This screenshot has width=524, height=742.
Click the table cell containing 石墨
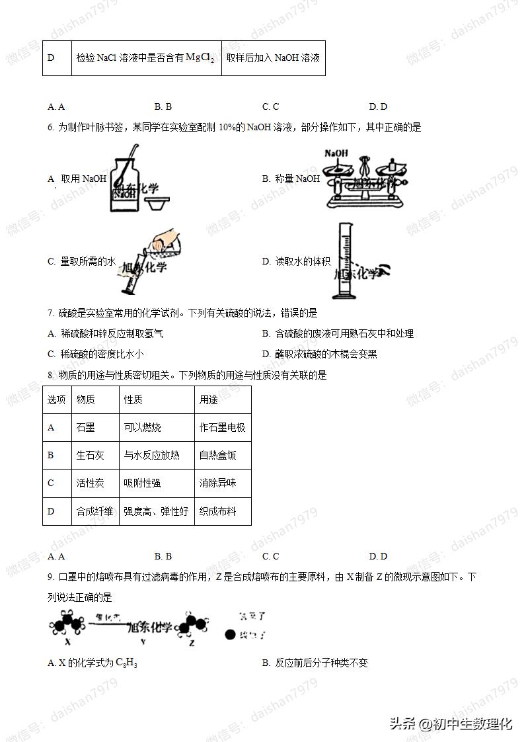(x=86, y=428)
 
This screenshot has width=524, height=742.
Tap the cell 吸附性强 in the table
(x=142, y=483)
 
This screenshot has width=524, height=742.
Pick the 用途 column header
(x=208, y=400)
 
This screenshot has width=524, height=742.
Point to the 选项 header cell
(x=57, y=400)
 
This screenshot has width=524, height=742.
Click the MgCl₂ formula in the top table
(x=200, y=58)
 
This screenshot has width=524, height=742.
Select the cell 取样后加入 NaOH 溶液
(x=273, y=58)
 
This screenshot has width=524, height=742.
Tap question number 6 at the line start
(x=50, y=128)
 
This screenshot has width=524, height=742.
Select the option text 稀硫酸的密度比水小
(x=102, y=354)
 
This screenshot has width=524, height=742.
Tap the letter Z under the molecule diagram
(x=191, y=641)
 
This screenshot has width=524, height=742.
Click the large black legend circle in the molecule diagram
(x=230, y=635)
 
